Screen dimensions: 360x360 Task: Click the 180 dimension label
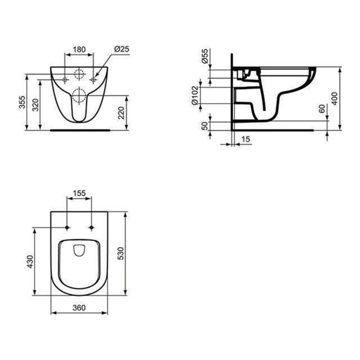coord(80,50)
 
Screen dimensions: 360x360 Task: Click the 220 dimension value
coord(121,113)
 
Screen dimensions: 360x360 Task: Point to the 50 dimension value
coord(205,126)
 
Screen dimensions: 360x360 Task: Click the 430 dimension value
coord(30,261)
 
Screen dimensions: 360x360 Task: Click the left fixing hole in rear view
coord(65,80)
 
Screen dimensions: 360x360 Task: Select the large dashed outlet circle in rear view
coord(79,94)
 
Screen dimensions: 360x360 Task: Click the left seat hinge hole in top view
coord(67,227)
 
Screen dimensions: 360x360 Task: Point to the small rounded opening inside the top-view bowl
coord(79,250)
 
